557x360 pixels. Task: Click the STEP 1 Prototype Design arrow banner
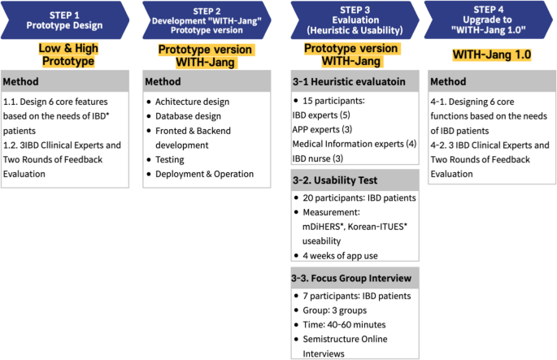click(65, 20)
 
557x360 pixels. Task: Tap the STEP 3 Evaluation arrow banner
click(351, 20)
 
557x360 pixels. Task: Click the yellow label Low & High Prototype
click(67, 54)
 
